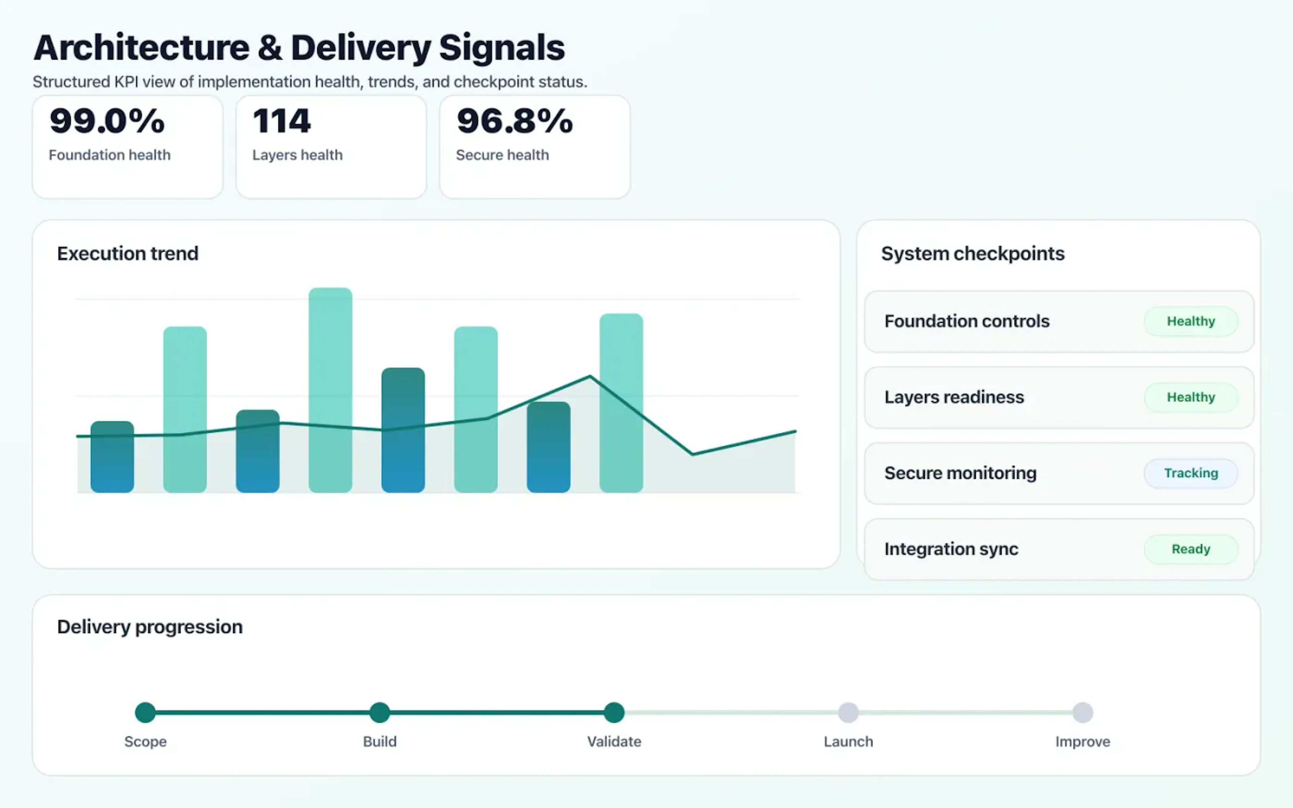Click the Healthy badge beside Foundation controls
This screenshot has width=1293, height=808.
[x=1190, y=321]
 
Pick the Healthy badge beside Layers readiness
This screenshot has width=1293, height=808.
[x=1190, y=397]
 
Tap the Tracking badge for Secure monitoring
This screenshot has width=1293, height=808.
[x=1190, y=473]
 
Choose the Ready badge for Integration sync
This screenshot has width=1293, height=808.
[x=1190, y=549]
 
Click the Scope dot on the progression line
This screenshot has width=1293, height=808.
[x=145, y=712]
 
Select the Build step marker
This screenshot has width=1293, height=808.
[x=380, y=712]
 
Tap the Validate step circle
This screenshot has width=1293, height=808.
[x=614, y=712]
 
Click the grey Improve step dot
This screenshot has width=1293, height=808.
[x=1083, y=712]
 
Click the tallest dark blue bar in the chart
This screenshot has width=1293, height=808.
[x=403, y=430]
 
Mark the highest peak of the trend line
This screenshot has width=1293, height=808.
[x=590, y=377]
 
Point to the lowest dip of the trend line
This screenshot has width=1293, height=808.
[x=692, y=454]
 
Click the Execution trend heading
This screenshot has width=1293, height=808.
[x=128, y=253]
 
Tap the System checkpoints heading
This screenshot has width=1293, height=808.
[x=972, y=253]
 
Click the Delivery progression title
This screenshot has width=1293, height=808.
[x=150, y=627]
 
